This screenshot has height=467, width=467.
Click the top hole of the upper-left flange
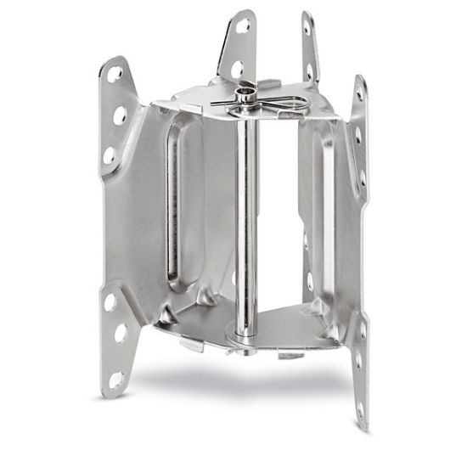click(115, 75)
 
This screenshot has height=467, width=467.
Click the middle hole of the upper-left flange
click(120, 113)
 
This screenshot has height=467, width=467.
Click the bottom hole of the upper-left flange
click(110, 155)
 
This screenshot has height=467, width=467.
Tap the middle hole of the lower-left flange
click(121, 333)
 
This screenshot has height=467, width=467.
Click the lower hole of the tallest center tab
click(239, 66)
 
